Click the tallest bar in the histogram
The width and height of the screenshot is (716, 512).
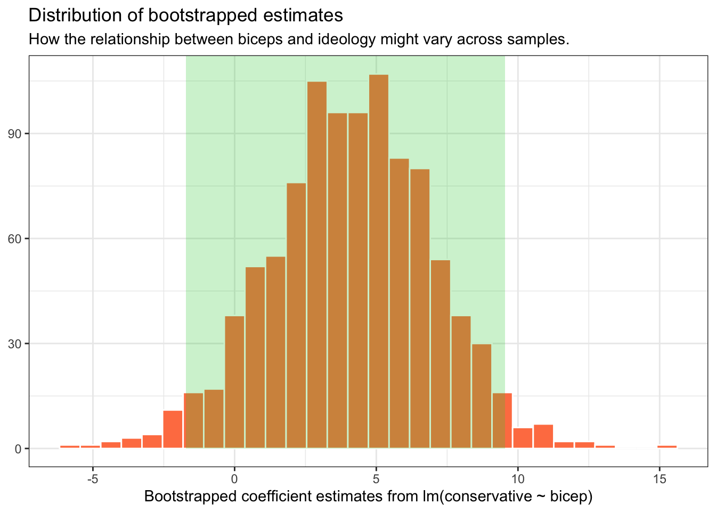(x=379, y=261)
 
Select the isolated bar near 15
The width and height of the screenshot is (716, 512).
(x=667, y=446)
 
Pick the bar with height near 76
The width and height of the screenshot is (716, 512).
(x=296, y=315)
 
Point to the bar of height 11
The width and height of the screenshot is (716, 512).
(x=173, y=429)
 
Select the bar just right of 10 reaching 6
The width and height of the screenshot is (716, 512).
(x=523, y=438)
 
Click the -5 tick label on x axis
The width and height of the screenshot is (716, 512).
(x=93, y=478)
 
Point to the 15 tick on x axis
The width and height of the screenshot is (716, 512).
(x=660, y=478)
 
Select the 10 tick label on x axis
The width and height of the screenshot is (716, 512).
(x=518, y=478)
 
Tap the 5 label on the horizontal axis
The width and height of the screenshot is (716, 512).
(x=376, y=478)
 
